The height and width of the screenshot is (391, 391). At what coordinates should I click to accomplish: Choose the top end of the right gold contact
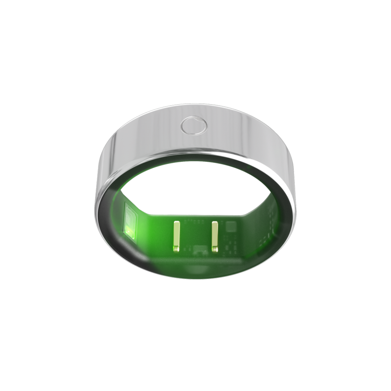coord(214,223)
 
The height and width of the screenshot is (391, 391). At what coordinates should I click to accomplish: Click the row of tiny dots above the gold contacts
coord(195,220)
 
